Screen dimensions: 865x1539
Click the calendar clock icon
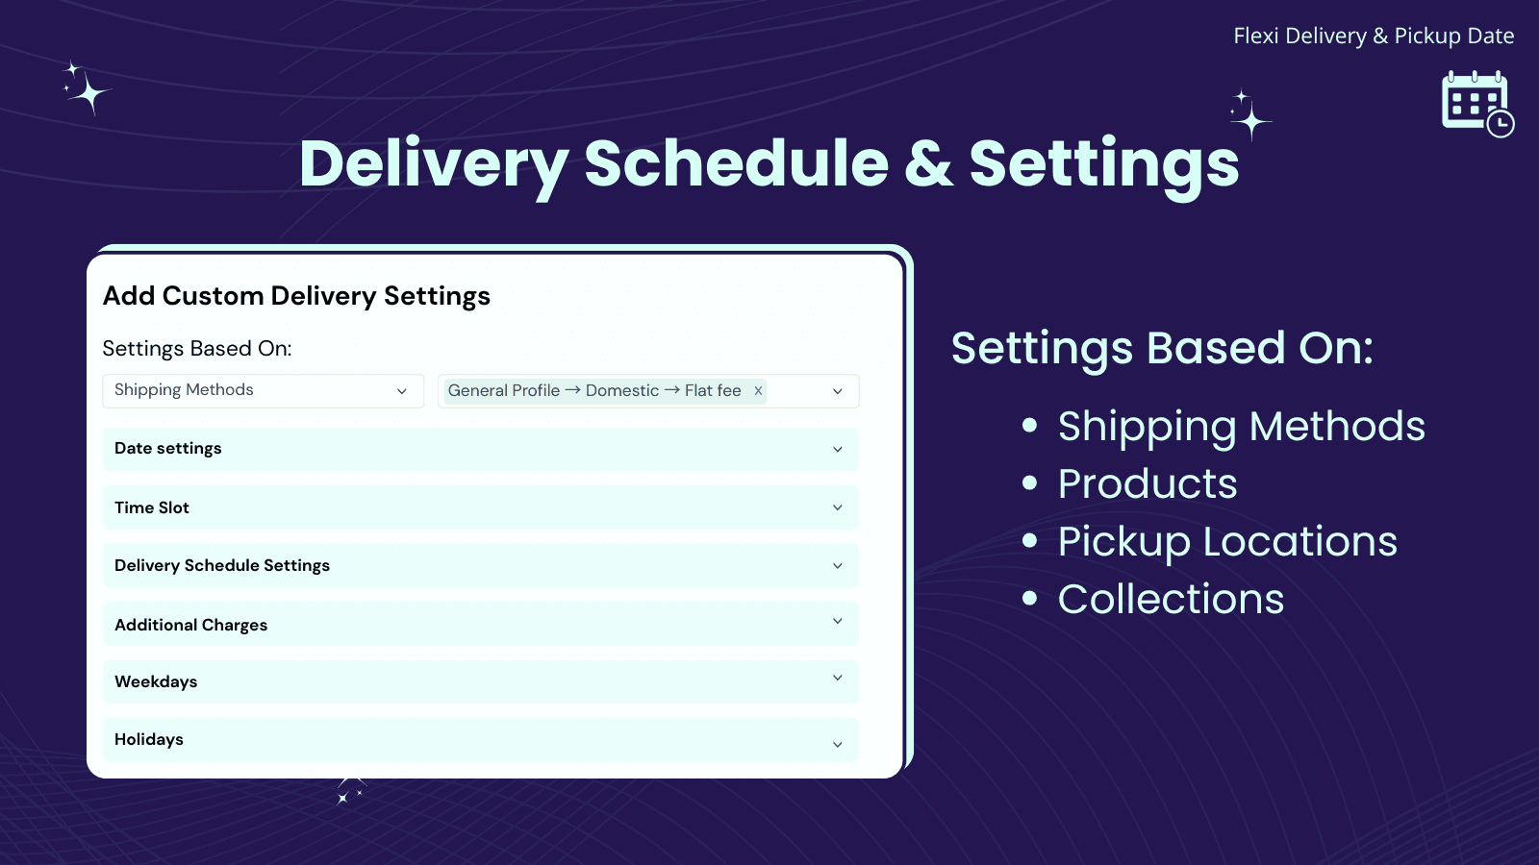[x=1476, y=103]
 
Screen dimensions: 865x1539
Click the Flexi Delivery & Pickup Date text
[x=1373, y=37]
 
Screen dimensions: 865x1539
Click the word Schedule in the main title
[x=736, y=163]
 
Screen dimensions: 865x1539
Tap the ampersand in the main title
[x=928, y=163]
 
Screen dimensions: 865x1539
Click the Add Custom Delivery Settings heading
[x=296, y=296]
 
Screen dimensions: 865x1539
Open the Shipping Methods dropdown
[x=263, y=390]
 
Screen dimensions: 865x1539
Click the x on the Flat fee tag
[x=758, y=390]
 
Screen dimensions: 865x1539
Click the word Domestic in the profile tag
[x=622, y=390]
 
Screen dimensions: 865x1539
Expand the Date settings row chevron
[x=837, y=449]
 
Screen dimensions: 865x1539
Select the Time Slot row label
[x=152, y=507]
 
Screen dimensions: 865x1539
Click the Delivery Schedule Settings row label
[x=222, y=565]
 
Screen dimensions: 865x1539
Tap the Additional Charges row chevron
[x=837, y=621]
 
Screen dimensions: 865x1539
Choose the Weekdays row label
[x=156, y=681]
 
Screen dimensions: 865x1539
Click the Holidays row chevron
[x=837, y=744]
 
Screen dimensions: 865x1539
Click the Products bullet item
[x=1147, y=483]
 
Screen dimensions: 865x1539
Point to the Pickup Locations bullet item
[x=1226, y=541]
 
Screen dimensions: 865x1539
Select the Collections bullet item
[x=1171, y=599]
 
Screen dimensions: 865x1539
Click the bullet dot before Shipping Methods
[x=1030, y=425]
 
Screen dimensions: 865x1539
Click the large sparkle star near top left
[x=89, y=93]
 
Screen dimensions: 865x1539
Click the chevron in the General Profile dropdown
[x=837, y=391]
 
